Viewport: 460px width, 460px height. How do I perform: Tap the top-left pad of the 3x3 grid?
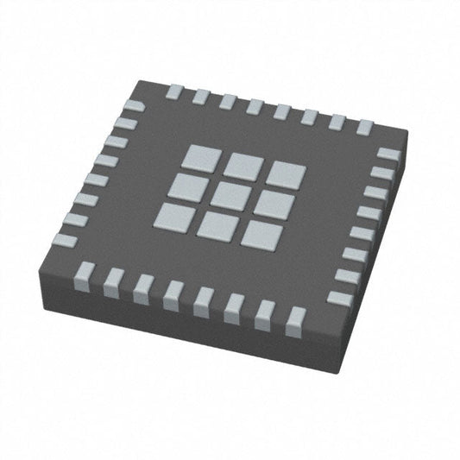coord(200,157)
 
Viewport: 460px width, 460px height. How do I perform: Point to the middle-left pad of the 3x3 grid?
coord(190,182)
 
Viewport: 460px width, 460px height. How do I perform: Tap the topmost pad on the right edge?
coord(388,154)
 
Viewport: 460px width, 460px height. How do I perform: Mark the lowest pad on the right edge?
coord(339,298)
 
